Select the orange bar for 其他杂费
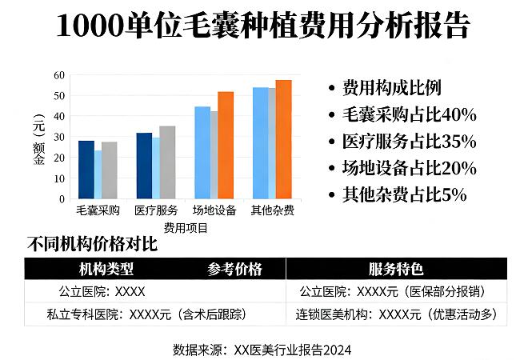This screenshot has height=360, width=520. (284, 139)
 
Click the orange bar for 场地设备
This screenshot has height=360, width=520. (226, 145)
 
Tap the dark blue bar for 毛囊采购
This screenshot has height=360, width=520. (86, 170)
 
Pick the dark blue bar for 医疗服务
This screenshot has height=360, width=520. (144, 166)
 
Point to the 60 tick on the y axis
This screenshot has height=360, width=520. (58, 75)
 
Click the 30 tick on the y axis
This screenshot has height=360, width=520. (58, 137)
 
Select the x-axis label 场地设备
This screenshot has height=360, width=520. (214, 211)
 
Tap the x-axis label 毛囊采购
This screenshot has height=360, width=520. (98, 211)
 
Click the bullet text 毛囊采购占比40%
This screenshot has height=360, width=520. (409, 114)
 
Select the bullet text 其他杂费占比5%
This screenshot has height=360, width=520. (404, 194)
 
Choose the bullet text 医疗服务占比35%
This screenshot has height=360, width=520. (409, 142)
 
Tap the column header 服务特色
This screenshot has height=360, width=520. (396, 269)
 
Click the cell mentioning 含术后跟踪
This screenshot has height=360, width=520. (135, 314)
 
